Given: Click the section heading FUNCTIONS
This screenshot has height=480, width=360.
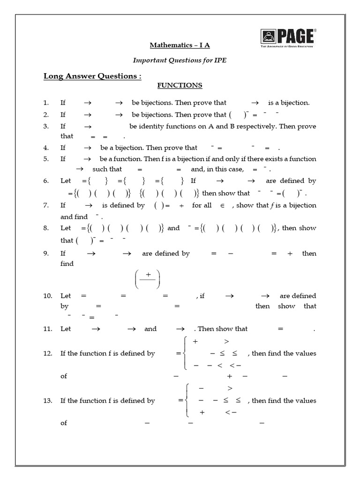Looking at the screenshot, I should tap(180, 85).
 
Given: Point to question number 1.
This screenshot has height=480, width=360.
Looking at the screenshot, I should tap(45, 103).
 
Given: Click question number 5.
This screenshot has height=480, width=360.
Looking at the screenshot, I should tap(45, 159).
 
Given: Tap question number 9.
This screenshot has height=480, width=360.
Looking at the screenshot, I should tap(45, 254).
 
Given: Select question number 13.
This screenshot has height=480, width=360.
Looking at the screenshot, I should tap(47, 401).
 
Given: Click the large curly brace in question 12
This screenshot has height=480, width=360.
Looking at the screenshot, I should tap(186, 353).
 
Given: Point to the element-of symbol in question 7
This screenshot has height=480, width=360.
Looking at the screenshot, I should tap(223, 206).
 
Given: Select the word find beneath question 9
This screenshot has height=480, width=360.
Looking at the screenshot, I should tap(67, 264).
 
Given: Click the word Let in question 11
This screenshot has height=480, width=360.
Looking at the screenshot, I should tap(66, 329).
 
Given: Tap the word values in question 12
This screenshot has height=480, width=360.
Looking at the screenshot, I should tap(306, 353).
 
